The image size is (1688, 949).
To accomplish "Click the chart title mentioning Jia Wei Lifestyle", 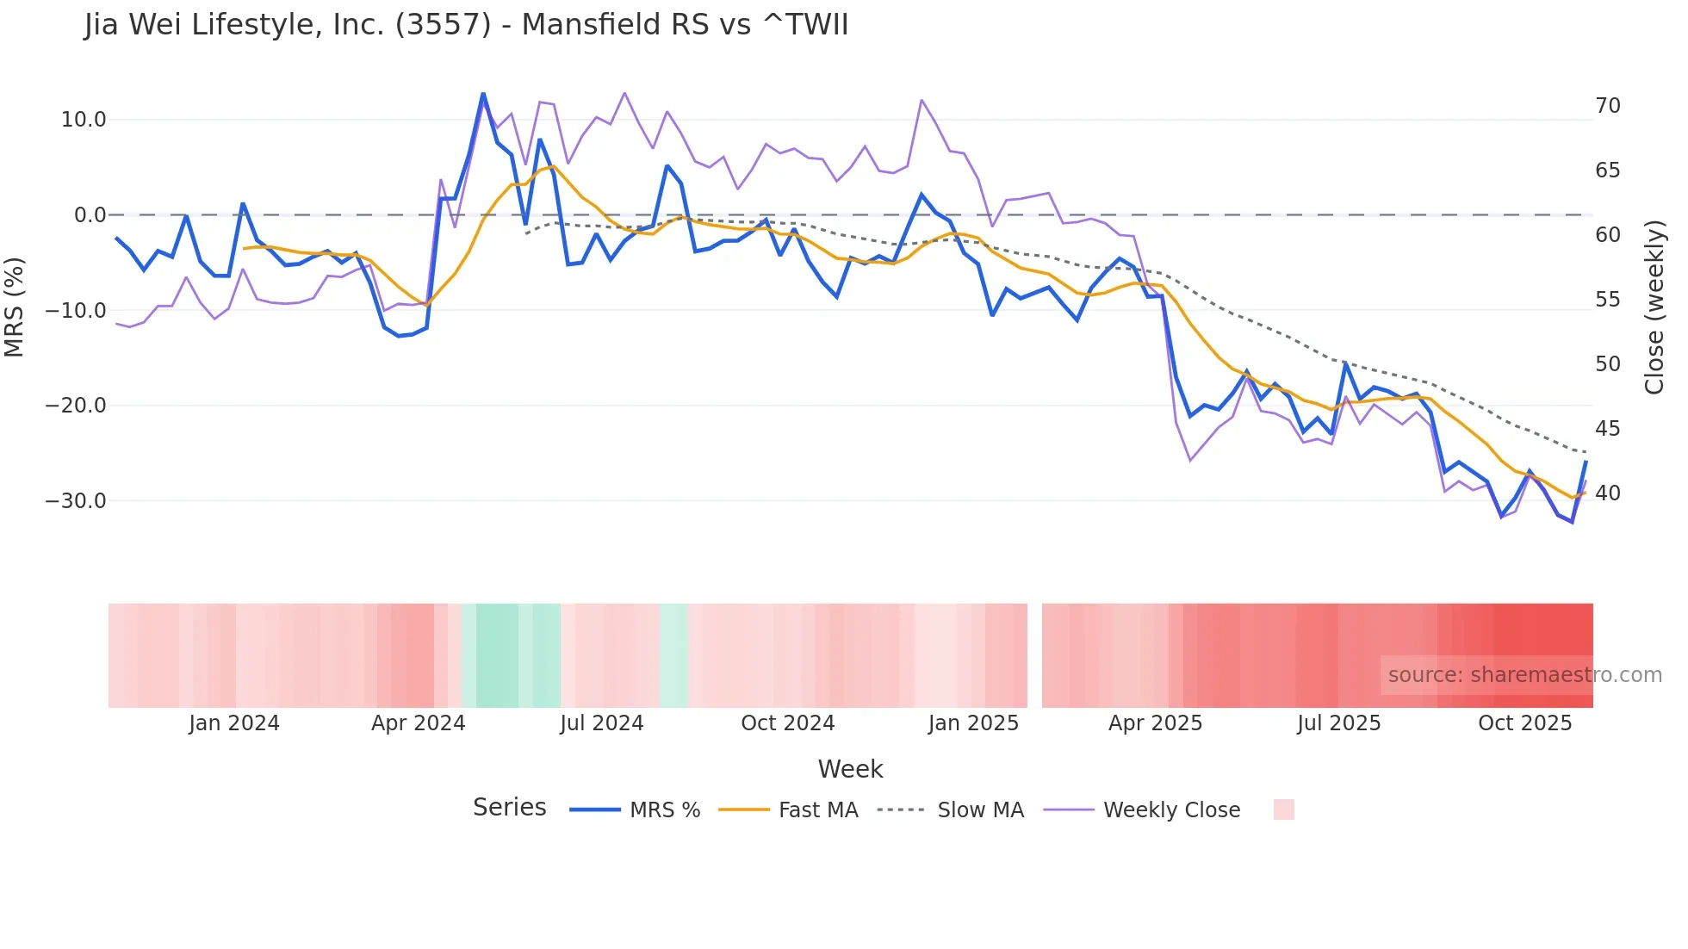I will pyautogui.click(x=466, y=25).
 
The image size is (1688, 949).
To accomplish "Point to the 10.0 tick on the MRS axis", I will pyautogui.click(x=84, y=120).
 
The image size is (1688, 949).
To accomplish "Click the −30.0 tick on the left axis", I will pyautogui.click(x=76, y=500).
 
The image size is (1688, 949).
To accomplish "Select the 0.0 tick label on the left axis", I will pyautogui.click(x=90, y=215).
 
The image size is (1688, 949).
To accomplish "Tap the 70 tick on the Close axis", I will pyautogui.click(x=1607, y=106).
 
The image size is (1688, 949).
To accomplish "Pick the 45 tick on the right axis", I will pyautogui.click(x=1607, y=428).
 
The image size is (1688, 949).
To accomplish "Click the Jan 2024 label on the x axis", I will pyautogui.click(x=234, y=723).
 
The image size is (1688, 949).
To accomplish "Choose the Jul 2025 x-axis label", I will pyautogui.click(x=1338, y=723).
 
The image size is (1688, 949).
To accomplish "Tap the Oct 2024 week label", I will pyautogui.click(x=787, y=723).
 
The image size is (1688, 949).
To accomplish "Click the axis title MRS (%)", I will pyautogui.click(x=15, y=307).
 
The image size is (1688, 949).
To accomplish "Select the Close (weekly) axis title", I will pyautogui.click(x=1654, y=307).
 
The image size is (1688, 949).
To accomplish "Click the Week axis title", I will pyautogui.click(x=850, y=769).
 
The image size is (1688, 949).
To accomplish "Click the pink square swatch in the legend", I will pyautogui.click(x=1283, y=809).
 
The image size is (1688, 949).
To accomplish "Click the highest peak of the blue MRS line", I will pyautogui.click(x=483, y=94).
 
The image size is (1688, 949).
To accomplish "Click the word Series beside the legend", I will pyautogui.click(x=509, y=808).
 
